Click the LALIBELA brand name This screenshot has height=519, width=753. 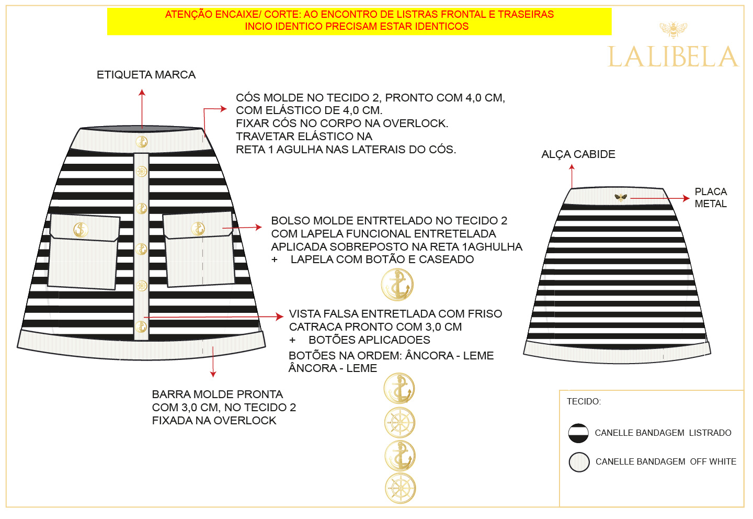click(672, 57)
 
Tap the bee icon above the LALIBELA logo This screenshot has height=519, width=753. click(673, 29)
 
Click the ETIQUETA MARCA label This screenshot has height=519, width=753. click(146, 75)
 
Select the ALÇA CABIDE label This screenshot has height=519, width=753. click(578, 154)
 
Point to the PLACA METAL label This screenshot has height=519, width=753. click(711, 198)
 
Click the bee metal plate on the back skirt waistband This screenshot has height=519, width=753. click(621, 197)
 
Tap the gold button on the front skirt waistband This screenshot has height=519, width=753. click(141, 141)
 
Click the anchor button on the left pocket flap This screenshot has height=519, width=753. click(81, 229)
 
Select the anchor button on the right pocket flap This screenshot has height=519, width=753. click(198, 229)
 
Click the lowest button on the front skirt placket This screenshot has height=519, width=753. click(141, 327)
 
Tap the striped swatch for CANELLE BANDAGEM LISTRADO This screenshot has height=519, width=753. click(578, 433)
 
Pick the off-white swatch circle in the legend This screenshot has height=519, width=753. click(579, 462)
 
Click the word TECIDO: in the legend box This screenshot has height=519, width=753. click(584, 401)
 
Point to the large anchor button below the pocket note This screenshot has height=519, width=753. click(397, 285)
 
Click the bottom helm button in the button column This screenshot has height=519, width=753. click(400, 488)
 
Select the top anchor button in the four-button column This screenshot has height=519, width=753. click(400, 389)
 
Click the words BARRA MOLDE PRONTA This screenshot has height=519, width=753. click(217, 394)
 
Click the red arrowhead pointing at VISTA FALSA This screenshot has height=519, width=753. click(280, 317)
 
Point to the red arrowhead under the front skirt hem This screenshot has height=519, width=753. click(213, 374)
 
